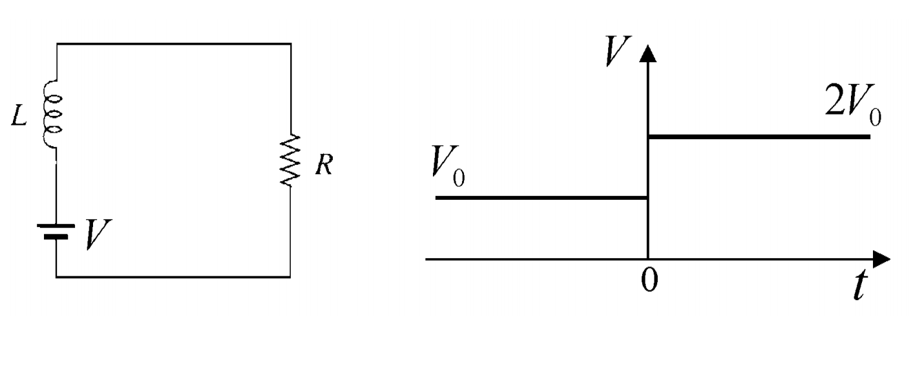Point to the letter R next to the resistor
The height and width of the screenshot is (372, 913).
click(x=323, y=166)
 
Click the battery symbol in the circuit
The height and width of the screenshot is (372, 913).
click(x=56, y=231)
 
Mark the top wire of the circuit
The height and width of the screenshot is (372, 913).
click(x=173, y=44)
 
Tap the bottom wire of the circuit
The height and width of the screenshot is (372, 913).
click(x=173, y=277)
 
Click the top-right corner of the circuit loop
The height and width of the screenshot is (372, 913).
click(x=290, y=44)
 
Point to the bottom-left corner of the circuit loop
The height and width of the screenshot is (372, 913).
click(x=57, y=277)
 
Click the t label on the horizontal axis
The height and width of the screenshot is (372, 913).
click(x=857, y=287)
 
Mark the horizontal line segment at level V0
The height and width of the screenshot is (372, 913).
click(x=541, y=197)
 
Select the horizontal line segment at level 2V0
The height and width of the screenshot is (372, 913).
click(x=759, y=137)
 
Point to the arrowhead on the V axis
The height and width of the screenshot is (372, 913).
click(x=648, y=53)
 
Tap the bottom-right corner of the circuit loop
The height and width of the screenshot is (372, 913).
click(x=290, y=277)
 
